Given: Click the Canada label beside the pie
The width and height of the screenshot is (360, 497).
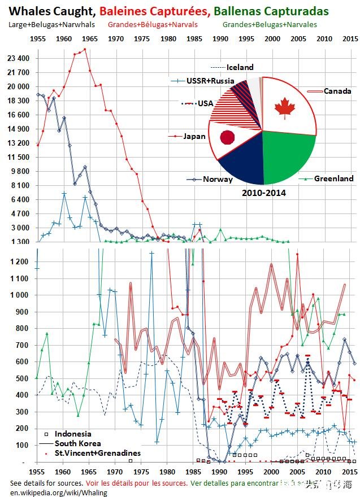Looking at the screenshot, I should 337,91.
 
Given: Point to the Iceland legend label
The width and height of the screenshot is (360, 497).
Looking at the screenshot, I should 240,67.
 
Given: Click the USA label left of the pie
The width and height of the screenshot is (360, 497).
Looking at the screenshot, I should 205,104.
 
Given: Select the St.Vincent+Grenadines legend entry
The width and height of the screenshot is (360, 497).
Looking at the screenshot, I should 90,453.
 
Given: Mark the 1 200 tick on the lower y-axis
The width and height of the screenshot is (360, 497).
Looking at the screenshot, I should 21,261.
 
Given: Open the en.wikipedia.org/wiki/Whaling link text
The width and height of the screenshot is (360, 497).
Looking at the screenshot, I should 51,492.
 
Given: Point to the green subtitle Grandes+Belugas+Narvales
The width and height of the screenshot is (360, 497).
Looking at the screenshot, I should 270,24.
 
